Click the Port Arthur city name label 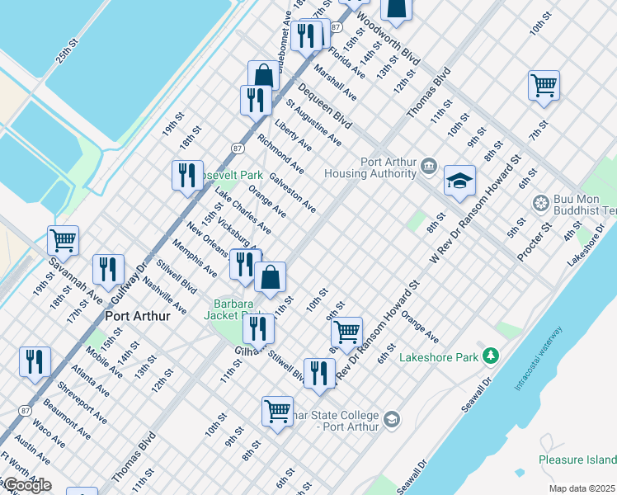pos(138,316)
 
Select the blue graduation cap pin pos(459,182)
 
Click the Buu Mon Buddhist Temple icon pos(541,203)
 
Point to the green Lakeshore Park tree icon pos(492,356)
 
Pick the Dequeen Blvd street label pos(325,106)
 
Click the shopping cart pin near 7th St pos(544,85)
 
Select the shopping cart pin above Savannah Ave pos(63,240)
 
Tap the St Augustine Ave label pos(313,123)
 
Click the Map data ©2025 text pos(582,488)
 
